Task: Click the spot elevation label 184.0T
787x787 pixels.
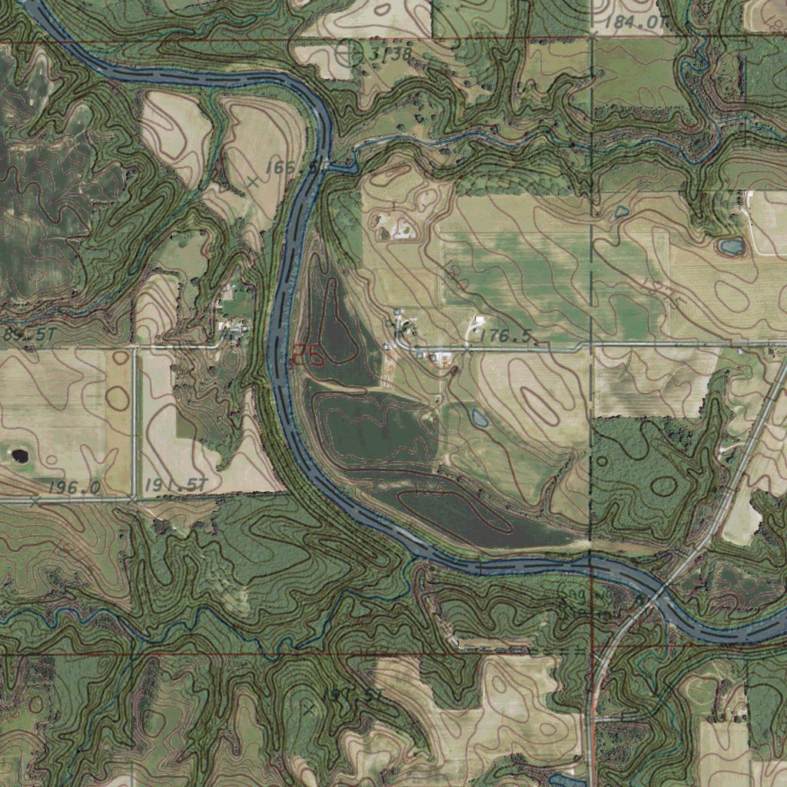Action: point(634,22)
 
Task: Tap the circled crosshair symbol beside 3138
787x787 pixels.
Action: point(350,53)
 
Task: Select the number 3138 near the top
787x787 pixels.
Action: point(390,54)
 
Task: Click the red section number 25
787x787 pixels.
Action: point(307,354)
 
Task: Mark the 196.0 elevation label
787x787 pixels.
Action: point(74,487)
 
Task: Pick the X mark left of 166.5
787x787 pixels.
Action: point(252,182)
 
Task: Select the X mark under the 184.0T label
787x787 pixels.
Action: point(593,36)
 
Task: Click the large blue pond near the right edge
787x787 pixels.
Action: point(731,247)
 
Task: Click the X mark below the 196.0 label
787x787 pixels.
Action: point(35,501)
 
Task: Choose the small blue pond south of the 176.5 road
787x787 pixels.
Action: point(479,419)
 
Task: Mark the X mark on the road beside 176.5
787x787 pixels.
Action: point(467,348)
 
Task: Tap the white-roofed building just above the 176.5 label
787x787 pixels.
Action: point(480,320)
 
